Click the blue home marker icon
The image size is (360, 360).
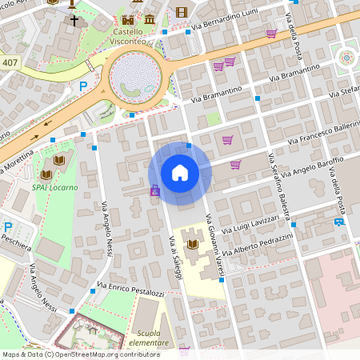180,172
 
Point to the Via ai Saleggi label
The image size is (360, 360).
176,258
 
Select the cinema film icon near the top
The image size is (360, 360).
181,11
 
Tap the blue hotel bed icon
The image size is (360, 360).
339,222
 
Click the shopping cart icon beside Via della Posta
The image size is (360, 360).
271,34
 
